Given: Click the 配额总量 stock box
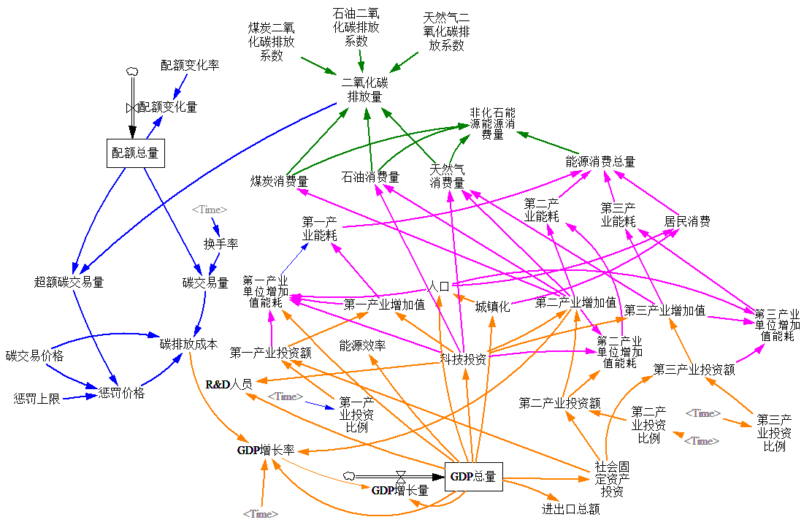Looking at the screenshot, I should pyautogui.click(x=134, y=153).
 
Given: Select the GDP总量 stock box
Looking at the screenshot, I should pyautogui.click(x=473, y=477).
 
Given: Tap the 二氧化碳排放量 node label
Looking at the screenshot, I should pyautogui.click(x=364, y=89).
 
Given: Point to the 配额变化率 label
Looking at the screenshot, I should pyautogui.click(x=190, y=65).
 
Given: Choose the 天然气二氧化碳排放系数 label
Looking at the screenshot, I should pyautogui.click(x=446, y=31).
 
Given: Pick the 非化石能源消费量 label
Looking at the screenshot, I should pyautogui.click(x=492, y=123).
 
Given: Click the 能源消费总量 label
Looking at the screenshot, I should pyautogui.click(x=600, y=161).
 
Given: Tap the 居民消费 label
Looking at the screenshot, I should pyautogui.click(x=686, y=221).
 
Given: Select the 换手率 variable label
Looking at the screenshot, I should pyautogui.click(x=221, y=243).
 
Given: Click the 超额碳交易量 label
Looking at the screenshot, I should pyautogui.click(x=69, y=282).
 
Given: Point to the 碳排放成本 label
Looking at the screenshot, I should pyautogui.click(x=188, y=344).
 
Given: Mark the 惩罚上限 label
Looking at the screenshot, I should pyautogui.click(x=37, y=399).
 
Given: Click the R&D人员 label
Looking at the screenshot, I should pyautogui.click(x=229, y=384).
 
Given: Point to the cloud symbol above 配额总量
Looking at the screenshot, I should pyautogui.click(x=132, y=71).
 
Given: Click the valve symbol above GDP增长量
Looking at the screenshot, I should pyautogui.click(x=399, y=475).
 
